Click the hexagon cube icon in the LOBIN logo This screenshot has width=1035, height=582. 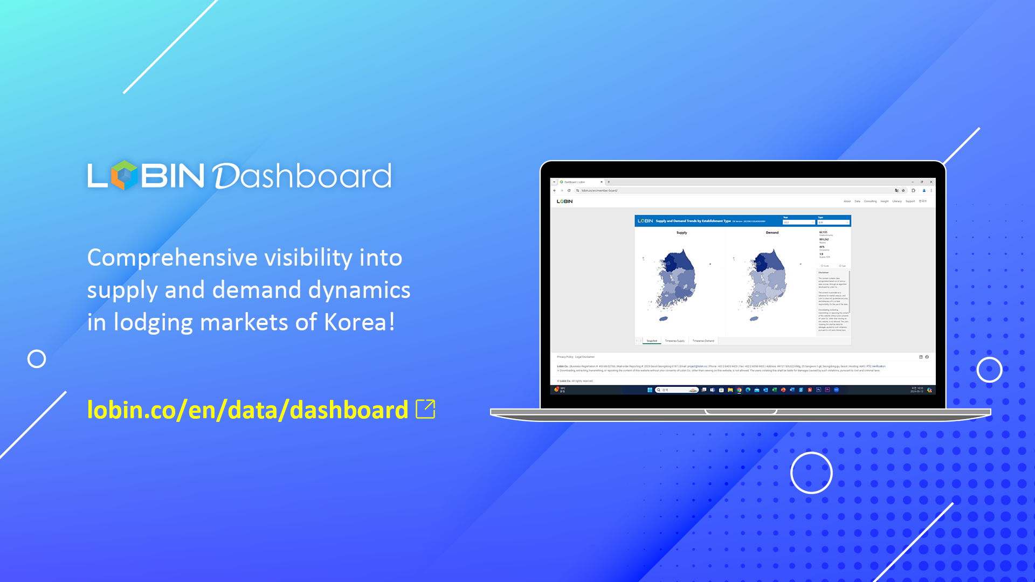[x=125, y=175]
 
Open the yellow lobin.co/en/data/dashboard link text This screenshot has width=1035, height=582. [x=247, y=410]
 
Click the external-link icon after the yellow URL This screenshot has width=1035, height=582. [x=425, y=409]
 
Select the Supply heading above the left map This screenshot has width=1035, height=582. [x=681, y=233]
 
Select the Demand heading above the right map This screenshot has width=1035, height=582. [x=772, y=233]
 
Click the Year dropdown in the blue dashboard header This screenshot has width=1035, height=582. [x=798, y=222]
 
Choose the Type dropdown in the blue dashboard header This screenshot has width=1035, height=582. [x=833, y=222]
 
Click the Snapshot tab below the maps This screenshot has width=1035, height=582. [x=652, y=341]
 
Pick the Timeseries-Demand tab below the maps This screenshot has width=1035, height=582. [x=703, y=341]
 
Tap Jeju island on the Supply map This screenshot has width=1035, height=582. [x=664, y=319]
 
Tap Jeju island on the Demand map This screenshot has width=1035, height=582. [x=754, y=319]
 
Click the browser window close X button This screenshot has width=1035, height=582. [x=931, y=182]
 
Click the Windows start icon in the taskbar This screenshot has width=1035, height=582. [x=650, y=390]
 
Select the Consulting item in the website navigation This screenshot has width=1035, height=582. [x=870, y=202]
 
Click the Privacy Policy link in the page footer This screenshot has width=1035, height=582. [x=565, y=357]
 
